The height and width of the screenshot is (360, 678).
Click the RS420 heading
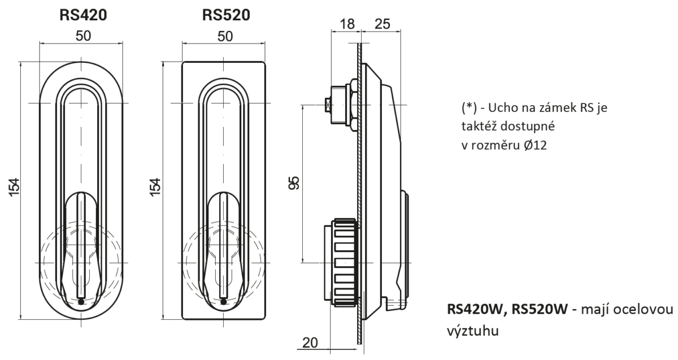(83, 15)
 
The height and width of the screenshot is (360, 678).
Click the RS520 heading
(226, 15)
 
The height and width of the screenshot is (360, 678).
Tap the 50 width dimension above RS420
(83, 36)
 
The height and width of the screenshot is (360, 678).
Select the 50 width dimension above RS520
(225, 36)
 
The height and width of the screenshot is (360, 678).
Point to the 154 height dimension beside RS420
(14, 188)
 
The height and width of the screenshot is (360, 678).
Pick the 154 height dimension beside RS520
(155, 187)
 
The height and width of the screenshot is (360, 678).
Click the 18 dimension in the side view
(347, 24)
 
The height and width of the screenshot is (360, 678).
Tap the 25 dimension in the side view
(383, 24)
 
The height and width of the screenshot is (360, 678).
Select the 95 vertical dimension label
(294, 183)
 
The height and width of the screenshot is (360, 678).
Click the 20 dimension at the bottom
(310, 342)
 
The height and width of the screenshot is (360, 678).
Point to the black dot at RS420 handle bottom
(81, 302)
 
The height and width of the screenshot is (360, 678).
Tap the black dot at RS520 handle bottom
(223, 302)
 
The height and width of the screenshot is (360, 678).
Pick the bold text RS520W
(540, 310)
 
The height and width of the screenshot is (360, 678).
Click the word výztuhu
(473, 331)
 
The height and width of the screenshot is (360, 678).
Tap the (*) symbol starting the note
(469, 108)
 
